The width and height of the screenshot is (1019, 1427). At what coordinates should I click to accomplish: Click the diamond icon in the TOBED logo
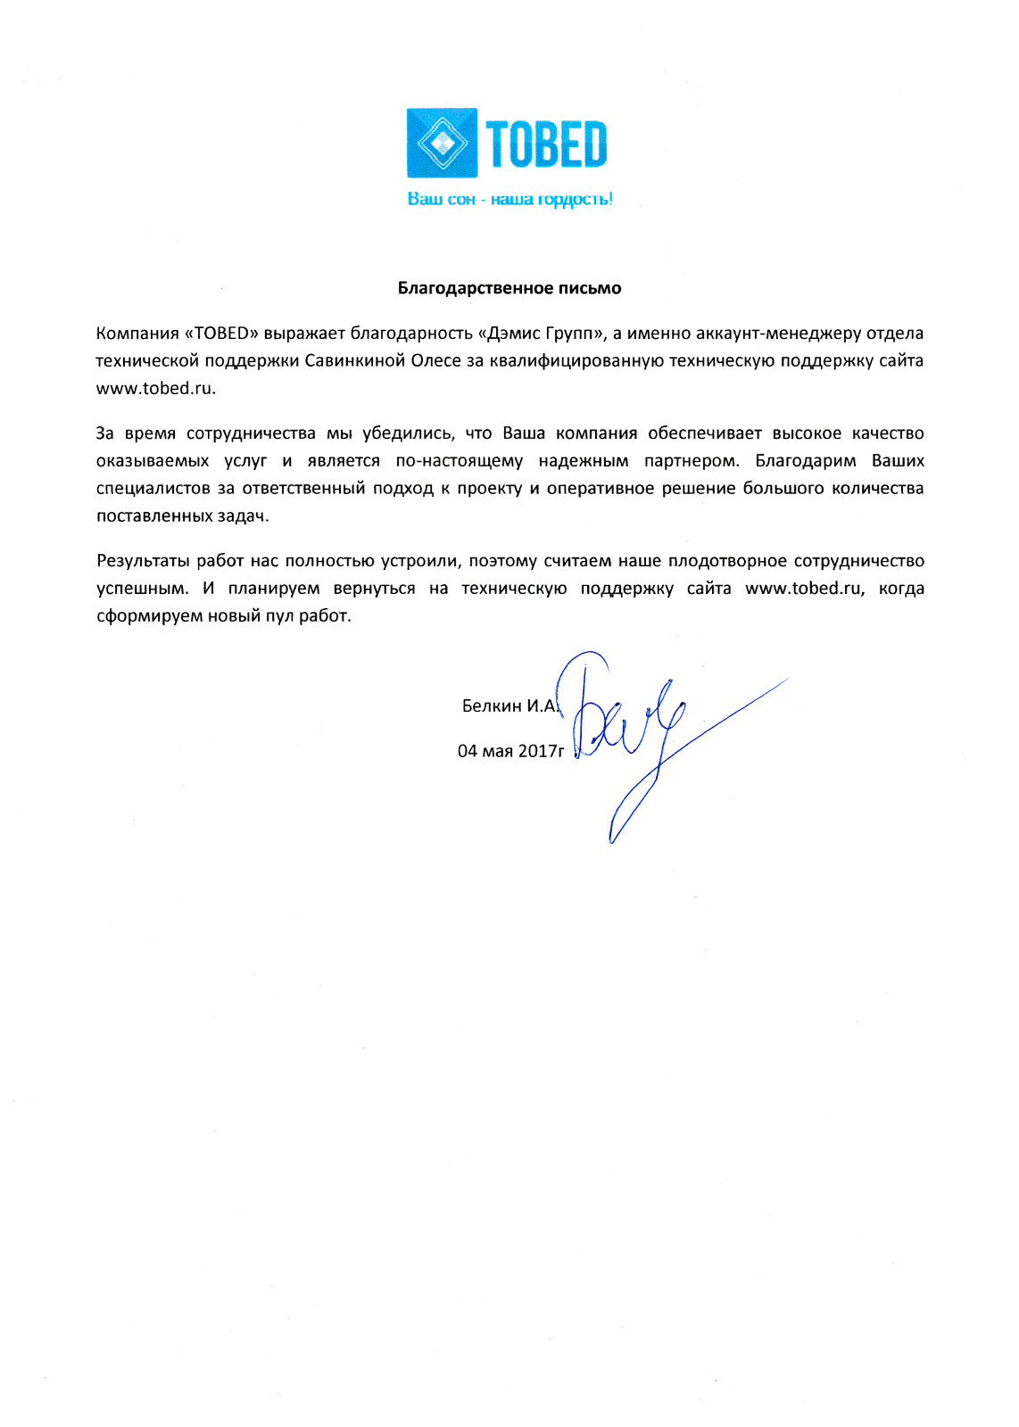pyautogui.click(x=442, y=143)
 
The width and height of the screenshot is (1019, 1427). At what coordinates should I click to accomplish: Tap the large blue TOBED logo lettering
pyautogui.click(x=546, y=144)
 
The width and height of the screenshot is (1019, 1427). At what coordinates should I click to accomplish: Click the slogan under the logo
pyautogui.click(x=509, y=199)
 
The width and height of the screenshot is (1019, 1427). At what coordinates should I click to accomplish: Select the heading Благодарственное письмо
pyautogui.click(x=509, y=288)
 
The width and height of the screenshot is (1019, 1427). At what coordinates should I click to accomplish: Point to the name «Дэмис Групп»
pyautogui.click(x=543, y=334)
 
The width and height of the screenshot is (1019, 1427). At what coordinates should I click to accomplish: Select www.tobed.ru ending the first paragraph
pyautogui.click(x=155, y=389)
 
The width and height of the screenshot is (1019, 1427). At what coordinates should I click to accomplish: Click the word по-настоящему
pyautogui.click(x=459, y=461)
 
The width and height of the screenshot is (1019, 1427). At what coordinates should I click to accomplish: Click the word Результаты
pyautogui.click(x=143, y=561)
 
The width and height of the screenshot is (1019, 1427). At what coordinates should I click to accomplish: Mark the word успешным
pyautogui.click(x=142, y=589)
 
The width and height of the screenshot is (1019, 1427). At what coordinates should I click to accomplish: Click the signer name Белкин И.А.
pyautogui.click(x=509, y=706)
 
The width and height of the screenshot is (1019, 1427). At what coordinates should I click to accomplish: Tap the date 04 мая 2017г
pyautogui.click(x=510, y=751)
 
